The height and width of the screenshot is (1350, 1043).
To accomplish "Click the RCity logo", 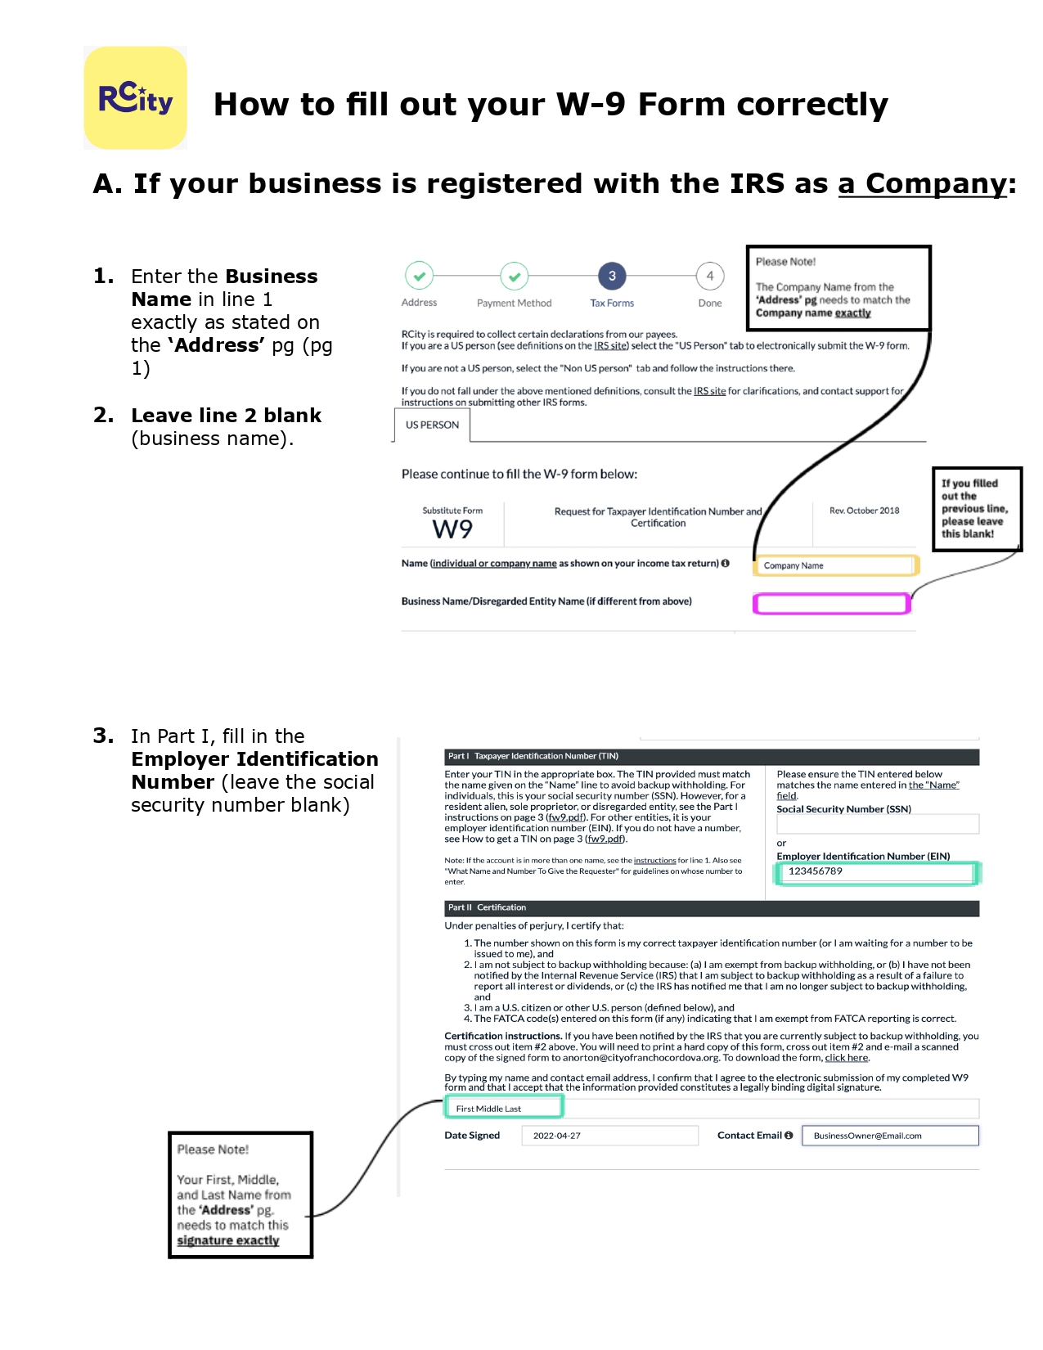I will coord(136,98).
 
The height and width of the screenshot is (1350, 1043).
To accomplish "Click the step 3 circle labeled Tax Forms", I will coord(612,277).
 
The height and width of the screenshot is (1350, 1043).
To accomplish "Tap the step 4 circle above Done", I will coord(709,277).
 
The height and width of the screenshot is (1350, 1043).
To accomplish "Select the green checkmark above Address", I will coord(419,277).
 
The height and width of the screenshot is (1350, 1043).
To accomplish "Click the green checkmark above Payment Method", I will coord(515,277).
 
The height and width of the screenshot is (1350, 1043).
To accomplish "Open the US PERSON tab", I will coord(432,425).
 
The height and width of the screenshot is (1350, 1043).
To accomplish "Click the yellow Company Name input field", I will coord(834,565).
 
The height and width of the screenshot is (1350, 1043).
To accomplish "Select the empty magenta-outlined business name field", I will coord(831,604).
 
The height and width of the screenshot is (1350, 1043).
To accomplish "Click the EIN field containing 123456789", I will coord(875,872).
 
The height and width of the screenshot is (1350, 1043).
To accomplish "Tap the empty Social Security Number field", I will coord(877,824).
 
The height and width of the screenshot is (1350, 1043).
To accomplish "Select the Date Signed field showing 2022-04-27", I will coord(609,1136).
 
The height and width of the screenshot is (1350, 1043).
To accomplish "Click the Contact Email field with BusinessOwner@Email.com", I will coord(890,1136).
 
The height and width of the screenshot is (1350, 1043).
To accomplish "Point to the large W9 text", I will coord(452,529).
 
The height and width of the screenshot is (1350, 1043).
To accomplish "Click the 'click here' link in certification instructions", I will coord(846,1058).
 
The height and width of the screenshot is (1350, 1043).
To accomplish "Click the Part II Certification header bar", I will coord(711,908).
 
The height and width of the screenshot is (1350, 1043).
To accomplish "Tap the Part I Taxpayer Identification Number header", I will coord(711,756).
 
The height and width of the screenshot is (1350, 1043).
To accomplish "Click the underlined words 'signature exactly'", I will coord(228,1240).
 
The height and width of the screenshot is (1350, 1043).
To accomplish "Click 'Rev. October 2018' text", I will coord(864,511).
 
